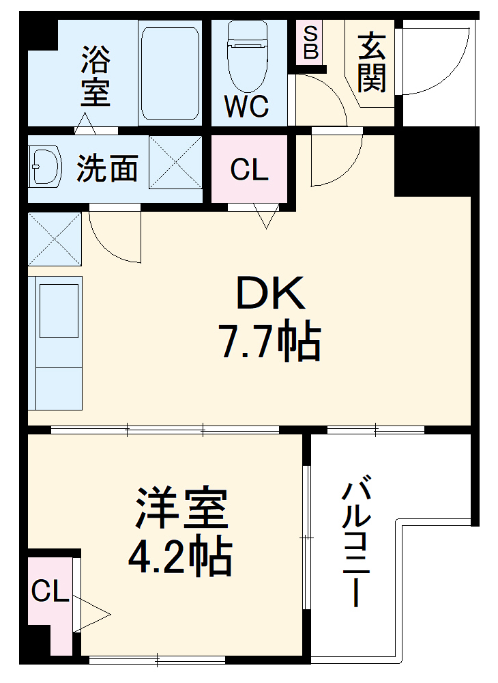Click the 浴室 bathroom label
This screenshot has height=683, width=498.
pyautogui.click(x=96, y=75)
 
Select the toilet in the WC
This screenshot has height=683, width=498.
pyautogui.click(x=248, y=55)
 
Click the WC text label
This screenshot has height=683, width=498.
pyautogui.click(x=247, y=107)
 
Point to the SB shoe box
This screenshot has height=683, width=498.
pyautogui.click(x=310, y=42)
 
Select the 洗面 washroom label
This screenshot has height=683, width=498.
pyautogui.click(x=108, y=168)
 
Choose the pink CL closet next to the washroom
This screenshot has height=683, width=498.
pyautogui.click(x=249, y=169)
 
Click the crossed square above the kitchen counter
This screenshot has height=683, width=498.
pyautogui.click(x=55, y=238)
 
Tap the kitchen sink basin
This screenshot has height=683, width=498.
pyautogui.click(x=59, y=311)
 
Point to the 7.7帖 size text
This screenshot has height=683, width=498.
pyautogui.click(x=269, y=341)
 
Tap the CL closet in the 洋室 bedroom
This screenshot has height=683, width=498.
pyautogui.click(x=50, y=591)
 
